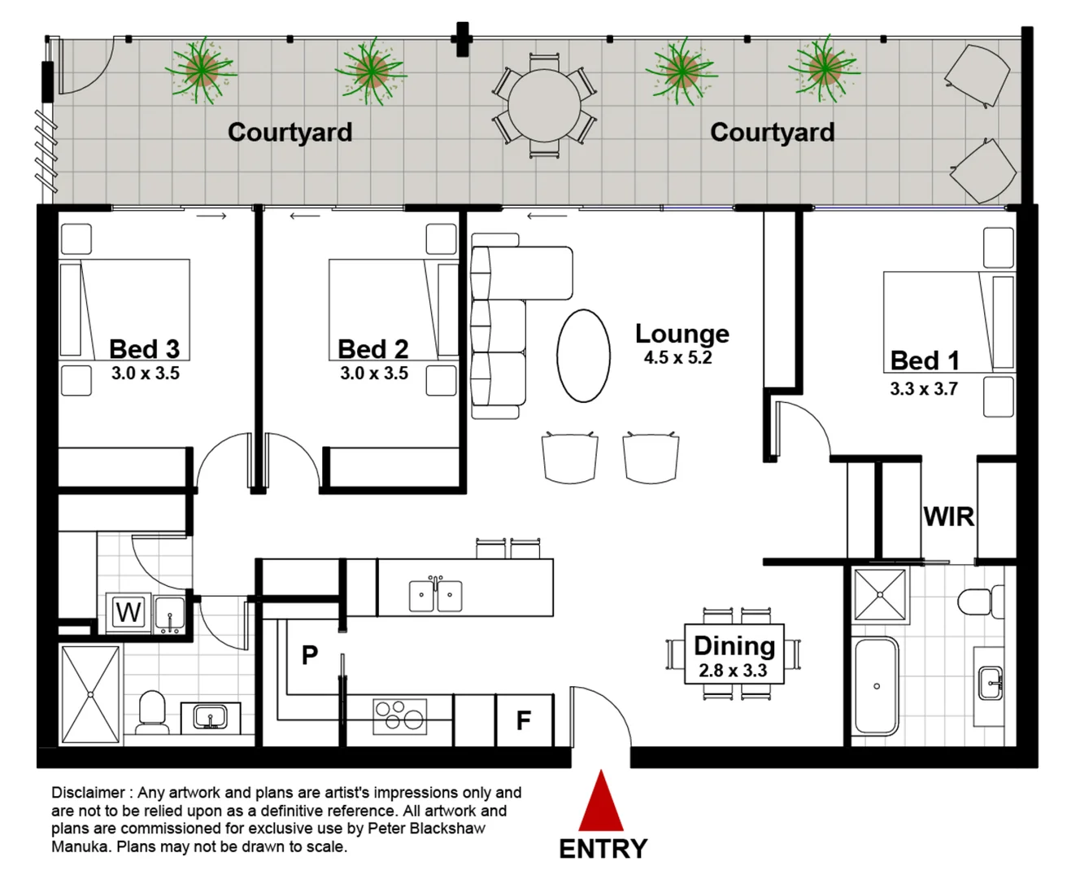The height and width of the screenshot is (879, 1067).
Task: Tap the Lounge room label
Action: coord(682,334)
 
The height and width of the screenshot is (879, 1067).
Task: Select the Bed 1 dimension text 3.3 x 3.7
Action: coord(923,389)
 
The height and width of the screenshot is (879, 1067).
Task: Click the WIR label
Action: coord(948,516)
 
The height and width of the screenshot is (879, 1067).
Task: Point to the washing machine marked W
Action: coord(128,612)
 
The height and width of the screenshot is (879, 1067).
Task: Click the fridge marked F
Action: coord(524,720)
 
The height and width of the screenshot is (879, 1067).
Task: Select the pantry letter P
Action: coord(309,654)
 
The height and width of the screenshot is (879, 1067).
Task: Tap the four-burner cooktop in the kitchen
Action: coord(399,717)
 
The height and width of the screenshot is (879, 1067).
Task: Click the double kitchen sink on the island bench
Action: coord(436,595)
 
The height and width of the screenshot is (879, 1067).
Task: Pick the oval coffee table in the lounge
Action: coord(583,356)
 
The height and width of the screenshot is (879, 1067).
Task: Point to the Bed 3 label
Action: coord(144,349)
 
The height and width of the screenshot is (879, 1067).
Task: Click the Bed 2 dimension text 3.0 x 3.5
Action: coord(374,374)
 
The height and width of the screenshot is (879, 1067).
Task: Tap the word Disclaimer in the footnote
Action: coord(88,793)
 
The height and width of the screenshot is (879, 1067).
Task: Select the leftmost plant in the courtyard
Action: coord(200,70)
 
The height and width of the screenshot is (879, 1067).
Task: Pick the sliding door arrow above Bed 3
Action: coord(211,216)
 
